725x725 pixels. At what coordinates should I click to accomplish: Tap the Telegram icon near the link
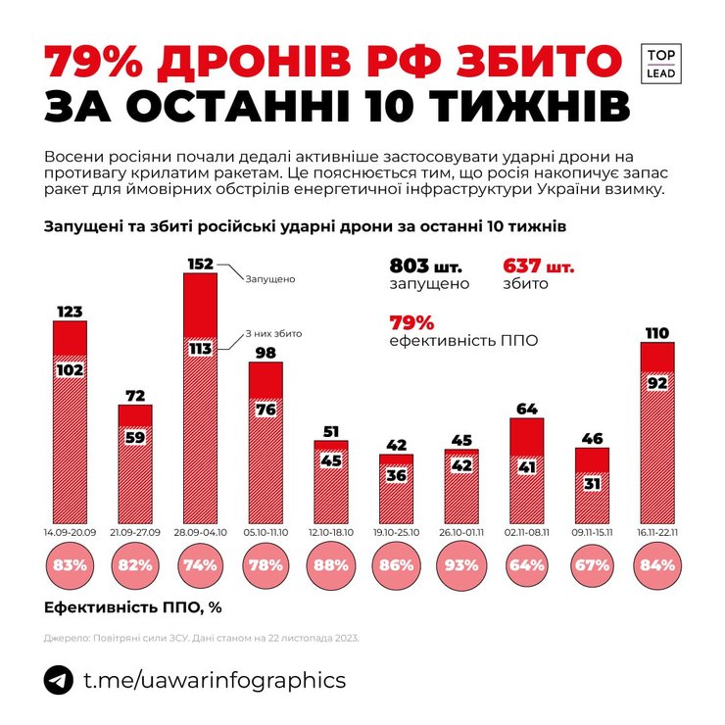pos(58,680)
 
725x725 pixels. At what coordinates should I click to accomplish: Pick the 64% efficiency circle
pos(528,564)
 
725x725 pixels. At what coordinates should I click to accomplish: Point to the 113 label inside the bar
pos(200,348)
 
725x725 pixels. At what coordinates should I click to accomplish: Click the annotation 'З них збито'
pos(272,333)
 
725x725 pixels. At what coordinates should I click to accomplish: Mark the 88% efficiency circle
pos(331,564)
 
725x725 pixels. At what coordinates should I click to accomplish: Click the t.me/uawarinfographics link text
pos(215,680)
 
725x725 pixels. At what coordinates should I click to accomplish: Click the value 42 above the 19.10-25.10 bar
pos(397,445)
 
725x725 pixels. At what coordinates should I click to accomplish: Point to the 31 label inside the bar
pos(593,484)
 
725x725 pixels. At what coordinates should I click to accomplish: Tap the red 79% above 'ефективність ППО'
pos(411,322)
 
